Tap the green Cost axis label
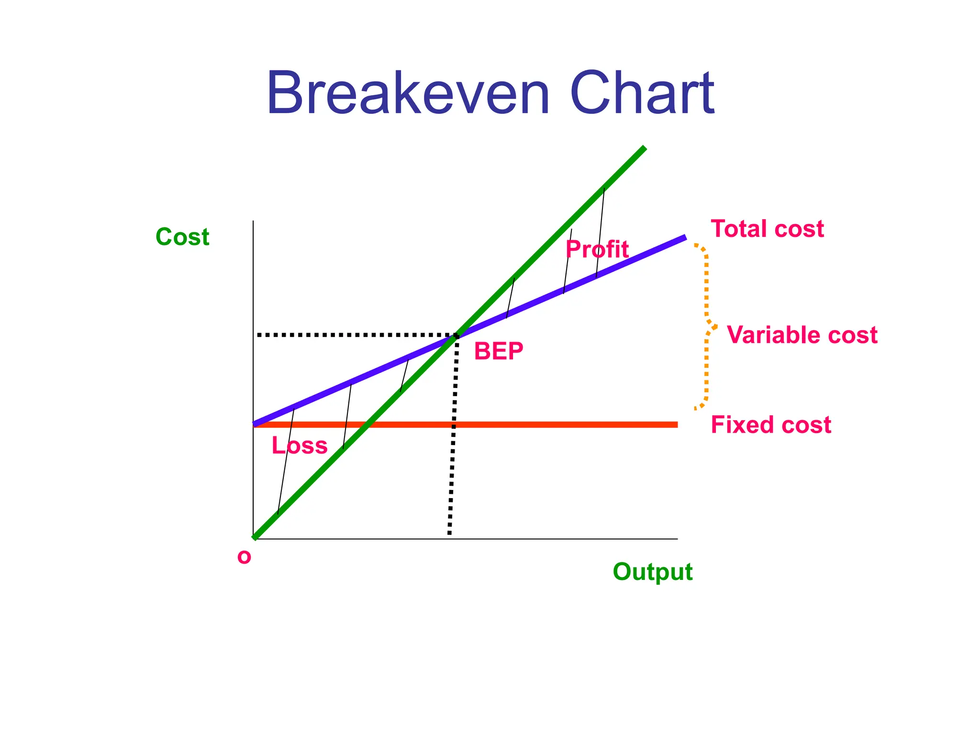coord(182,237)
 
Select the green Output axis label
coord(652,572)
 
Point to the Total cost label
coord(767,229)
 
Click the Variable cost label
coord(802,334)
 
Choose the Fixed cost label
coord(771,425)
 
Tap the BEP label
coord(499,351)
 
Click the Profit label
coord(597,249)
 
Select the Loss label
coord(300,445)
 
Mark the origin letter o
coord(244,557)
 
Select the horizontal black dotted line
coord(354,335)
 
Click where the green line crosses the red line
coord(367,424)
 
